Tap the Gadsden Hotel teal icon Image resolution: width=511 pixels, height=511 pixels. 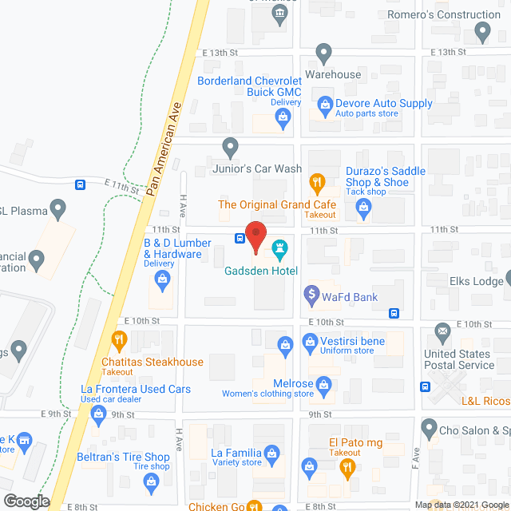click(279, 249)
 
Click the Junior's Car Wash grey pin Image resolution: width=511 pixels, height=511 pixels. click(230, 147)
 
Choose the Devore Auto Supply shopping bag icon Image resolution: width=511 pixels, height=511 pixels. click(324, 104)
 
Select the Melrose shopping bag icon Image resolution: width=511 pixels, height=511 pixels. click(324, 386)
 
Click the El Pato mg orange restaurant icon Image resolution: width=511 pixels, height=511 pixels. click(346, 469)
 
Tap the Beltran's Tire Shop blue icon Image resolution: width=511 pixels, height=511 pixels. click(149, 481)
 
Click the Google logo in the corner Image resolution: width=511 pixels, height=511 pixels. click(26, 501)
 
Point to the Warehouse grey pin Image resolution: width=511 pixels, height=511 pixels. click(323, 54)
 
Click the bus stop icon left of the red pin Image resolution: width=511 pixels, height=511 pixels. click(240, 238)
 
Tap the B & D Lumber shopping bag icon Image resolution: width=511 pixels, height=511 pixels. click(162, 279)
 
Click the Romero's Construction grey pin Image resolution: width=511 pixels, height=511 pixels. click(481, 32)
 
